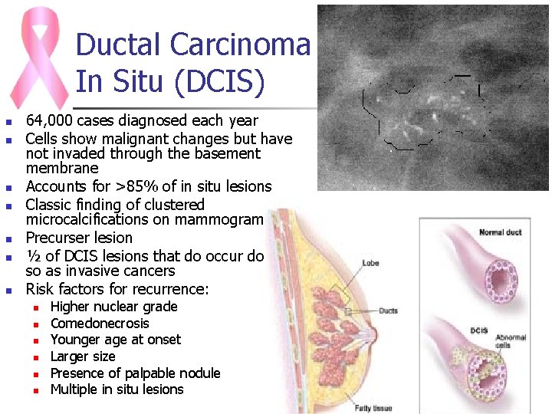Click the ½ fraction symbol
[x=31, y=255]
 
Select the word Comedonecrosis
[x=100, y=323]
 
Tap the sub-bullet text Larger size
[x=83, y=356]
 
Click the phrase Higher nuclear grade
[x=113, y=307]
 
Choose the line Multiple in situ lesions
[x=117, y=389]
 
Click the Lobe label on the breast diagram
[x=370, y=263]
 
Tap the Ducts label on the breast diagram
[x=387, y=310]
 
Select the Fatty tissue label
[x=373, y=408]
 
